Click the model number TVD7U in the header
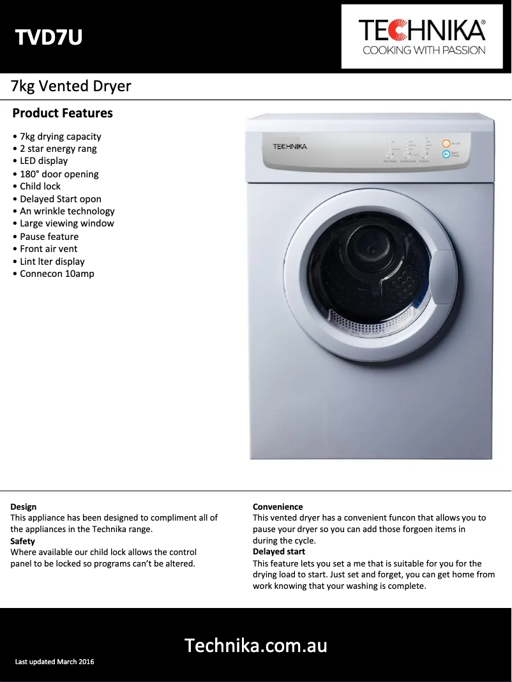point(49,38)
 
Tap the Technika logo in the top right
point(423,37)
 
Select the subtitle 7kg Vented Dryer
point(71,86)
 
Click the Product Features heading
point(63,114)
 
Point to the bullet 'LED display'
point(43,161)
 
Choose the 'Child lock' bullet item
point(40,186)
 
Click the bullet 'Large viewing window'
point(66,223)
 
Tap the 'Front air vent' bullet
point(49,249)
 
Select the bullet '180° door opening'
point(59,174)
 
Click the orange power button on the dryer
point(446,144)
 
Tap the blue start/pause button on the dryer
point(446,154)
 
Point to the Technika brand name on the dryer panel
point(290,147)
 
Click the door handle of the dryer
point(442,281)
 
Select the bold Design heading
point(24,507)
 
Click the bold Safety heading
point(23,542)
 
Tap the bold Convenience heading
point(278,507)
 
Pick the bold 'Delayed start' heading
point(279,552)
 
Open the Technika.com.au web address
point(256,646)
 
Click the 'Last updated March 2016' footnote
point(55,662)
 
